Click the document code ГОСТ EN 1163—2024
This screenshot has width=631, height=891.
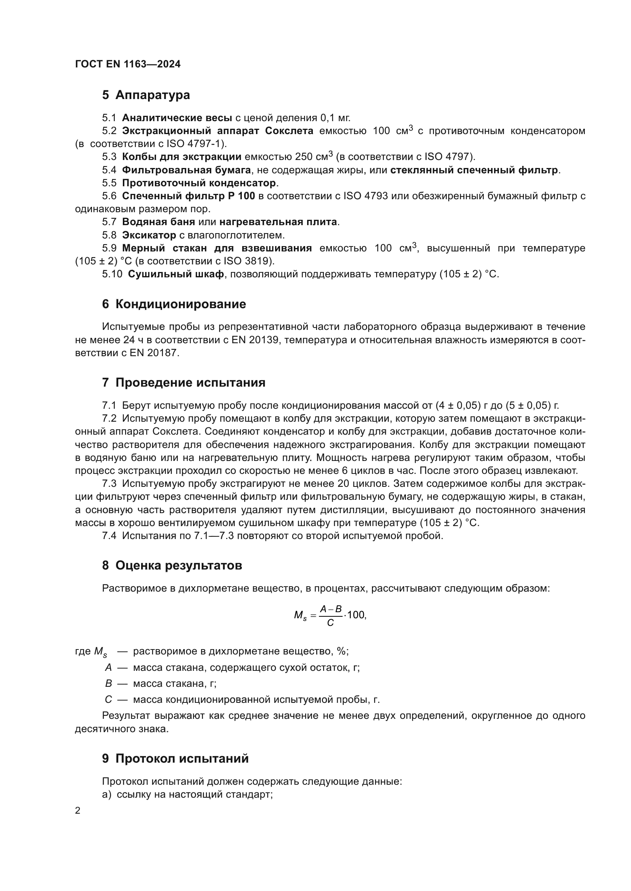pos(127,64)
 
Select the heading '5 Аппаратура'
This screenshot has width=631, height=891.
pos(146,95)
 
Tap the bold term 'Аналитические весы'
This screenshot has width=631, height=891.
pos(177,118)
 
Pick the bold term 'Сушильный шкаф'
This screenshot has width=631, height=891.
pos(175,274)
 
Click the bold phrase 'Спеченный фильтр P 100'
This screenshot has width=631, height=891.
pos(188,195)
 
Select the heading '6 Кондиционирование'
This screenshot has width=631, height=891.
pos(174,304)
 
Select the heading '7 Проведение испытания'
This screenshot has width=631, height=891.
pos(184,382)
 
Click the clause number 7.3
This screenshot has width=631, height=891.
pos(109,483)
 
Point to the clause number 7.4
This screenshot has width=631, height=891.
pos(109,536)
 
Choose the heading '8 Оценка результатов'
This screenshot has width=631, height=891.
pos(172,565)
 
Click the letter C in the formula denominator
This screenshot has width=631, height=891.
pos(330,623)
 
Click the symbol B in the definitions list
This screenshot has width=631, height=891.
pos(108,683)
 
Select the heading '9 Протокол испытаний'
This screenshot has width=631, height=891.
pos(175,758)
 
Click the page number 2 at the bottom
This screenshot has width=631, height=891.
pos(78,811)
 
